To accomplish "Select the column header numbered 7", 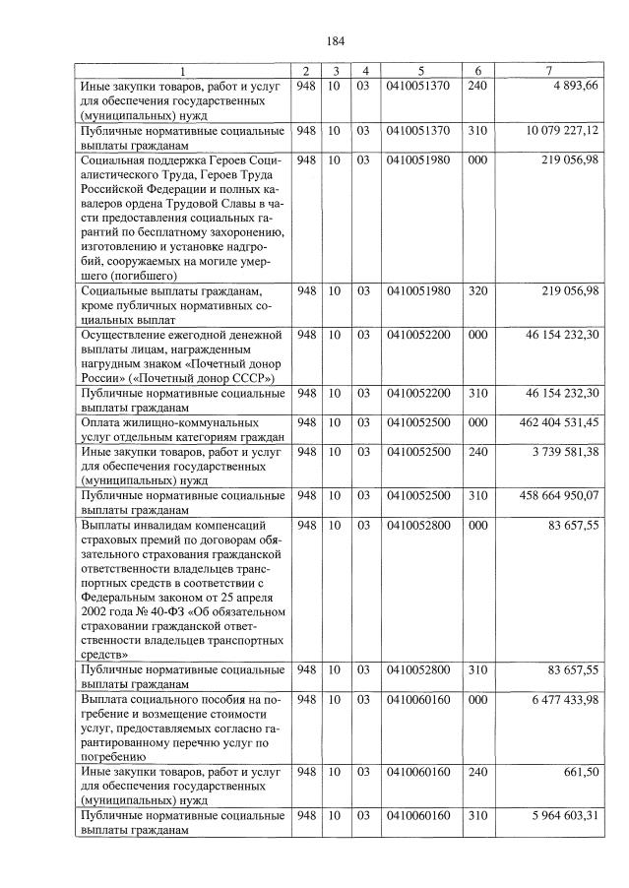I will pyautogui.click(x=549, y=71).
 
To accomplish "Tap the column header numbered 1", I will pyautogui.click(x=181, y=71).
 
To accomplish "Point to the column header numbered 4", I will pyautogui.click(x=364, y=71).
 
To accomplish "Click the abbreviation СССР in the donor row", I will pyautogui.click(x=250, y=377).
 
